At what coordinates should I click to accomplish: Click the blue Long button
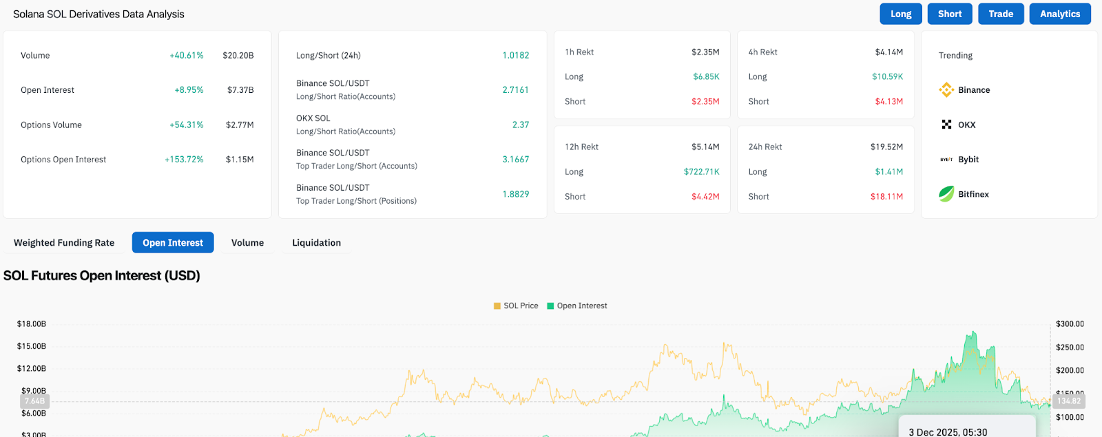coord(900,14)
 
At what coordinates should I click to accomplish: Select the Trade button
coord(1001,14)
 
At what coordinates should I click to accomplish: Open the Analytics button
coord(1060,14)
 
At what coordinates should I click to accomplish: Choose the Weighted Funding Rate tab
coord(64,243)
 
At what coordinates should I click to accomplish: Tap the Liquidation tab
coord(316,243)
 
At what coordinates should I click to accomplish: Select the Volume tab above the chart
coord(247,243)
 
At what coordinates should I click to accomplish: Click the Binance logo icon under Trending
coord(946,90)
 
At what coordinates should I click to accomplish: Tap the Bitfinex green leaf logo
coord(946,194)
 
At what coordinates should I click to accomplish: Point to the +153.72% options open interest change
coord(184,160)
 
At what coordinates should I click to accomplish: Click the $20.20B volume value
coord(238,56)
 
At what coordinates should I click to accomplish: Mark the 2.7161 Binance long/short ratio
coord(515,90)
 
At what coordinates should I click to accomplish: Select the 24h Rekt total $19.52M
coord(886,147)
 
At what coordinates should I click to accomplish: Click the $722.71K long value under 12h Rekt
coord(701,172)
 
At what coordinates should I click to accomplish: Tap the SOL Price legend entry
coord(516,306)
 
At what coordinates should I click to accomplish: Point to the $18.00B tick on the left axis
coord(32,324)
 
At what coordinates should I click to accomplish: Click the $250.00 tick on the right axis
coord(1070,348)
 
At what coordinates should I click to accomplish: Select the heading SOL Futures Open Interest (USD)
coord(102,276)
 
